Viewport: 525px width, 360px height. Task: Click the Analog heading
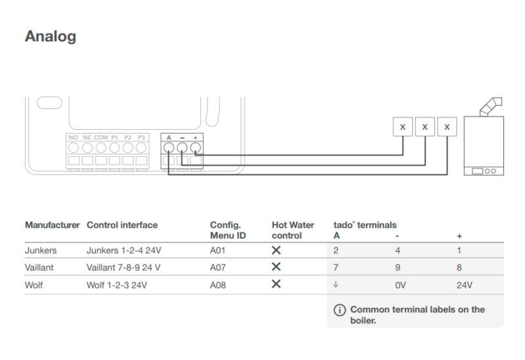click(x=51, y=37)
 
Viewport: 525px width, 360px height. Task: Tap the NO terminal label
click(x=73, y=136)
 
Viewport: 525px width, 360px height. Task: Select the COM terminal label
click(x=101, y=136)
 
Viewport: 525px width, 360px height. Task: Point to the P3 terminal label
click(x=142, y=136)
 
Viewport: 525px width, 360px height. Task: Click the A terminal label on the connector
click(x=169, y=136)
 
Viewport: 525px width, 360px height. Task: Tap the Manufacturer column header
click(x=52, y=225)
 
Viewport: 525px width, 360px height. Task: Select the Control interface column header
click(x=122, y=225)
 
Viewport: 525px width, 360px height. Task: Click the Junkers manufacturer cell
click(x=41, y=250)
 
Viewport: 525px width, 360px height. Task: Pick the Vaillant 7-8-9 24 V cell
click(x=123, y=267)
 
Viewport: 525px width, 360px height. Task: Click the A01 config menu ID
click(x=218, y=250)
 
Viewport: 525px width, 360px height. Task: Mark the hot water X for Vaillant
click(x=276, y=267)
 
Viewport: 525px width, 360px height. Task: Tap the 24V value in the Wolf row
click(x=464, y=285)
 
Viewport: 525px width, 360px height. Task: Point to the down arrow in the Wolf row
click(x=336, y=285)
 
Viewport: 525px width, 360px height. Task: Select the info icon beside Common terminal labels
click(x=339, y=310)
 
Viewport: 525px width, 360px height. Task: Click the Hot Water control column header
click(x=293, y=230)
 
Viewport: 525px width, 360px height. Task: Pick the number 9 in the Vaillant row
click(x=398, y=268)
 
